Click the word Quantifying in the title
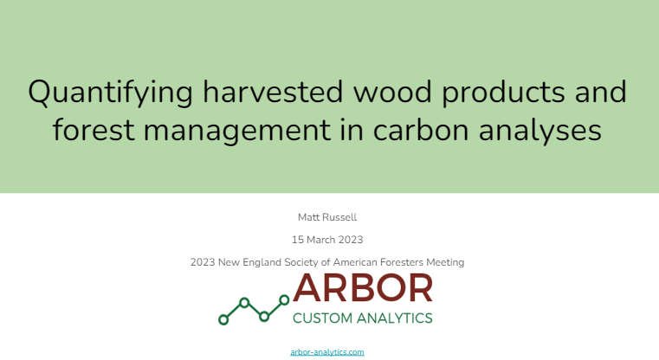point(111,93)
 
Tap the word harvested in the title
point(273,92)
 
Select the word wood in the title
point(392,92)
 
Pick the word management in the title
point(237,132)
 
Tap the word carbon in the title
point(421,130)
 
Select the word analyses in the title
point(540,132)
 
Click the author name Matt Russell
point(327,217)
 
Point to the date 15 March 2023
point(327,240)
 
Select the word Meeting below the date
point(445,263)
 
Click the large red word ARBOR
point(363,288)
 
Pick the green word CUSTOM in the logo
point(322,318)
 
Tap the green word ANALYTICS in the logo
point(395,318)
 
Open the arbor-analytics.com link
point(327,352)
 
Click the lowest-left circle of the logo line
point(223,320)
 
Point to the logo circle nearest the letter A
point(285,300)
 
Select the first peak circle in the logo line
point(244,302)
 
